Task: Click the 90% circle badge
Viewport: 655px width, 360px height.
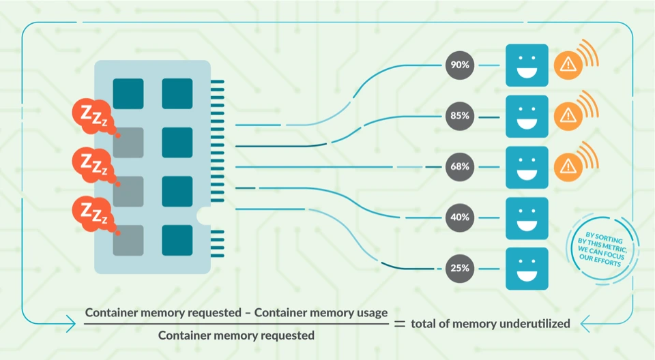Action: click(x=458, y=65)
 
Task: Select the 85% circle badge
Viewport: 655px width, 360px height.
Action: click(x=458, y=116)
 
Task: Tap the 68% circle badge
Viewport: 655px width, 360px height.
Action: click(x=458, y=167)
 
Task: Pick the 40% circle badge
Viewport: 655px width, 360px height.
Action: click(x=458, y=217)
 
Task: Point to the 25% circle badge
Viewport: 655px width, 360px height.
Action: click(x=458, y=268)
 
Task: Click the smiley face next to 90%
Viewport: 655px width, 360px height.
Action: click(x=527, y=65)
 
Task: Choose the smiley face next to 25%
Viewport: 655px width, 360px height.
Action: click(x=527, y=268)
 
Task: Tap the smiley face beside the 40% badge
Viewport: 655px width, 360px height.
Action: click(x=527, y=217)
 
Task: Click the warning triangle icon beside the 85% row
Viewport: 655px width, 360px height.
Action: click(x=567, y=116)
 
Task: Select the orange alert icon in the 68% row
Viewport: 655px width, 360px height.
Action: click(x=567, y=166)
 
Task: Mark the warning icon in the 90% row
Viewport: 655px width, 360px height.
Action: click(x=567, y=65)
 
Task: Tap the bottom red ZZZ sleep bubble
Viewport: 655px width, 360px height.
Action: click(x=92, y=213)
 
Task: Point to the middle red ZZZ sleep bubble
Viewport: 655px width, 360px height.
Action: click(x=92, y=164)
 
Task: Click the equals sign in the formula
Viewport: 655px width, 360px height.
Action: click(x=400, y=324)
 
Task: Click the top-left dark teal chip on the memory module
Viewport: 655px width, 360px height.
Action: click(x=128, y=93)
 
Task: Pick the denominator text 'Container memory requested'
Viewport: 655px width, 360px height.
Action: click(x=236, y=335)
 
